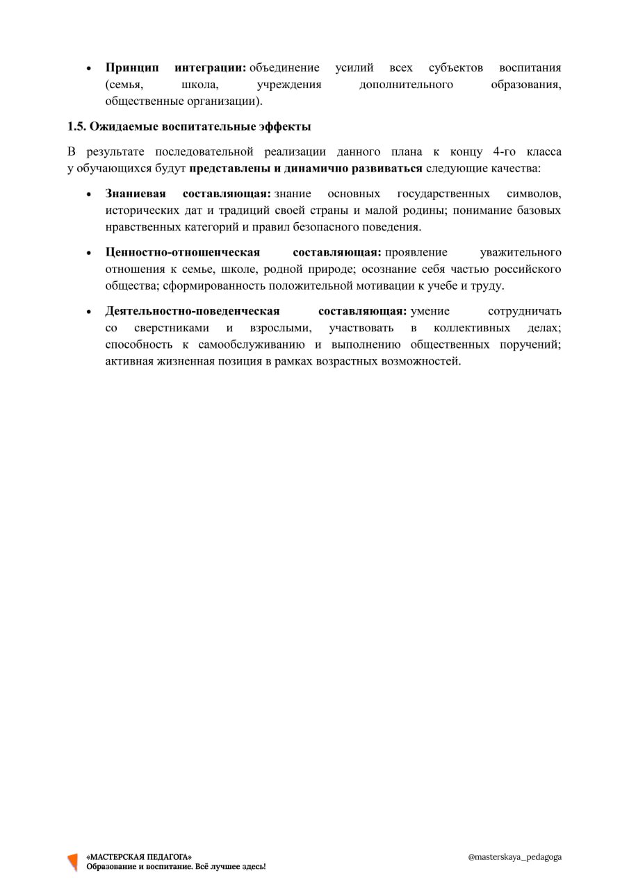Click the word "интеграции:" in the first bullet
pos(211,68)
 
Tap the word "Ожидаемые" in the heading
pos(124,127)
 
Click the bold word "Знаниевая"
pos(136,194)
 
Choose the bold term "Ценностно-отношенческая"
pos(183,253)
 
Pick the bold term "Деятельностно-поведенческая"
pos(193,311)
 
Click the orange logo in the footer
pos(72,862)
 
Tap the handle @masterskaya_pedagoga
pos(515,857)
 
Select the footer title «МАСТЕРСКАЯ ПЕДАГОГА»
pos(139,857)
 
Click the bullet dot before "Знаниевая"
pos(88,194)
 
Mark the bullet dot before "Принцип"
pos(88,69)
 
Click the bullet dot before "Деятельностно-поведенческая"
pos(88,312)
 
